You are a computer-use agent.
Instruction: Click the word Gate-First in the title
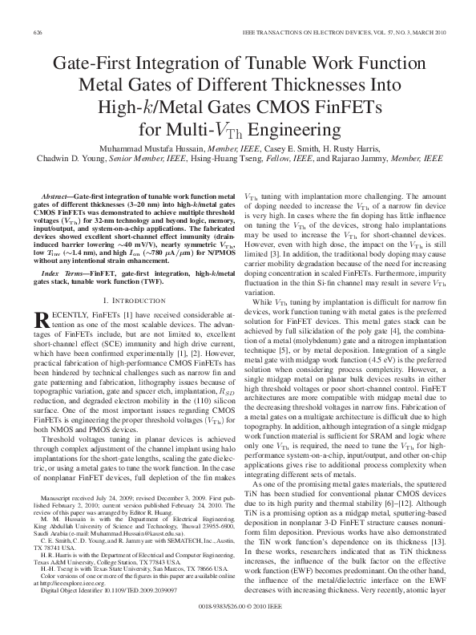click(x=90, y=64)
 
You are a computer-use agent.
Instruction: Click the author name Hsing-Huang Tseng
click(x=245, y=160)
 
